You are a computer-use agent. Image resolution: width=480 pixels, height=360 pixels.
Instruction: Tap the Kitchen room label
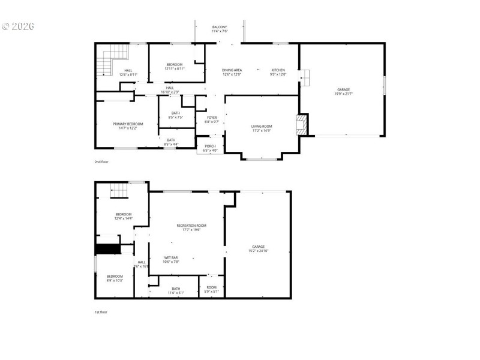pyautogui.click(x=278, y=72)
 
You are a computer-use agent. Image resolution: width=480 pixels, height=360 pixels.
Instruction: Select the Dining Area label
pyautogui.click(x=232, y=72)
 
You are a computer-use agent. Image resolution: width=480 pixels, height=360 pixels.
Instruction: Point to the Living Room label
pyautogui.click(x=262, y=128)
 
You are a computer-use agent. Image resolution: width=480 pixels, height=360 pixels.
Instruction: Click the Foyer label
pyautogui.click(x=212, y=119)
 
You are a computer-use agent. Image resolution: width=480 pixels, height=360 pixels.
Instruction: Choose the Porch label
pyautogui.click(x=210, y=148)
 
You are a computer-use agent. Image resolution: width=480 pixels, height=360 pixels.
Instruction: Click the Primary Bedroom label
pyautogui.click(x=128, y=126)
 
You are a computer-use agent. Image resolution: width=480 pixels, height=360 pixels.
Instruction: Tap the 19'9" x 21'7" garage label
pyautogui.click(x=343, y=92)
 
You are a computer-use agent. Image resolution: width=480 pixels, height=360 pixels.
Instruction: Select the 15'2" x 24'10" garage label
pyautogui.click(x=259, y=249)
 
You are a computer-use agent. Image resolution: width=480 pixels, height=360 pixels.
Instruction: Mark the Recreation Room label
pyautogui.click(x=188, y=227)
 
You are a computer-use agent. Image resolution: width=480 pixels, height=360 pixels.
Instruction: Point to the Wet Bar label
pyautogui.click(x=171, y=260)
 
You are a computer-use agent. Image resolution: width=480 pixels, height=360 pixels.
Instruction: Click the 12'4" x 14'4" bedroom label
pyautogui.click(x=123, y=217)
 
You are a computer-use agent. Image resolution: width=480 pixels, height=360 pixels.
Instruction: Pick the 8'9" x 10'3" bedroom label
pyautogui.click(x=115, y=278)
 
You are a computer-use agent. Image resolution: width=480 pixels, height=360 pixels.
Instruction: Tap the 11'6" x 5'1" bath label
pyautogui.click(x=176, y=290)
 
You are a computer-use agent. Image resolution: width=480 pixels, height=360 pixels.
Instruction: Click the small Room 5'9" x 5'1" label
pyautogui.click(x=212, y=290)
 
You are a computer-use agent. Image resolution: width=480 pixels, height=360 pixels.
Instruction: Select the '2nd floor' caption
pyautogui.click(x=101, y=162)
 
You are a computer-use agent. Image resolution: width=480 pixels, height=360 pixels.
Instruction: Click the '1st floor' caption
pyautogui.click(x=101, y=312)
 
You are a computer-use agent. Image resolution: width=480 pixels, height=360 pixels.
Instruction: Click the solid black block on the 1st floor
pyautogui.click(x=108, y=249)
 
